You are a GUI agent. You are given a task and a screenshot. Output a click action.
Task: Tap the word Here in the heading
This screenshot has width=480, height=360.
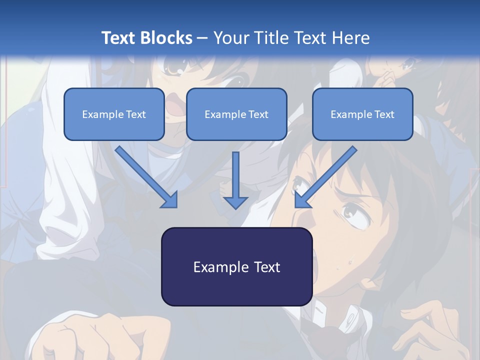(349, 38)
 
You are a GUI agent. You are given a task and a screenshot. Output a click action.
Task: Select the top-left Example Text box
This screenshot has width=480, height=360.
(114, 114)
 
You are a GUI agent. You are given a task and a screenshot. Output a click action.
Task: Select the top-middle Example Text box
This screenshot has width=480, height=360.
(236, 114)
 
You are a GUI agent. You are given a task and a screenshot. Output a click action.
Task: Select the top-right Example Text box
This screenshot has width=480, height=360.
(362, 114)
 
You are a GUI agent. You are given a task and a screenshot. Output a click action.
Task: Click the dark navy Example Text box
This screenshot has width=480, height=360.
(236, 267)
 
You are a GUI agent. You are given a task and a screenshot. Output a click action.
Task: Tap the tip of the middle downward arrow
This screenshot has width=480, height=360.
(235, 206)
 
